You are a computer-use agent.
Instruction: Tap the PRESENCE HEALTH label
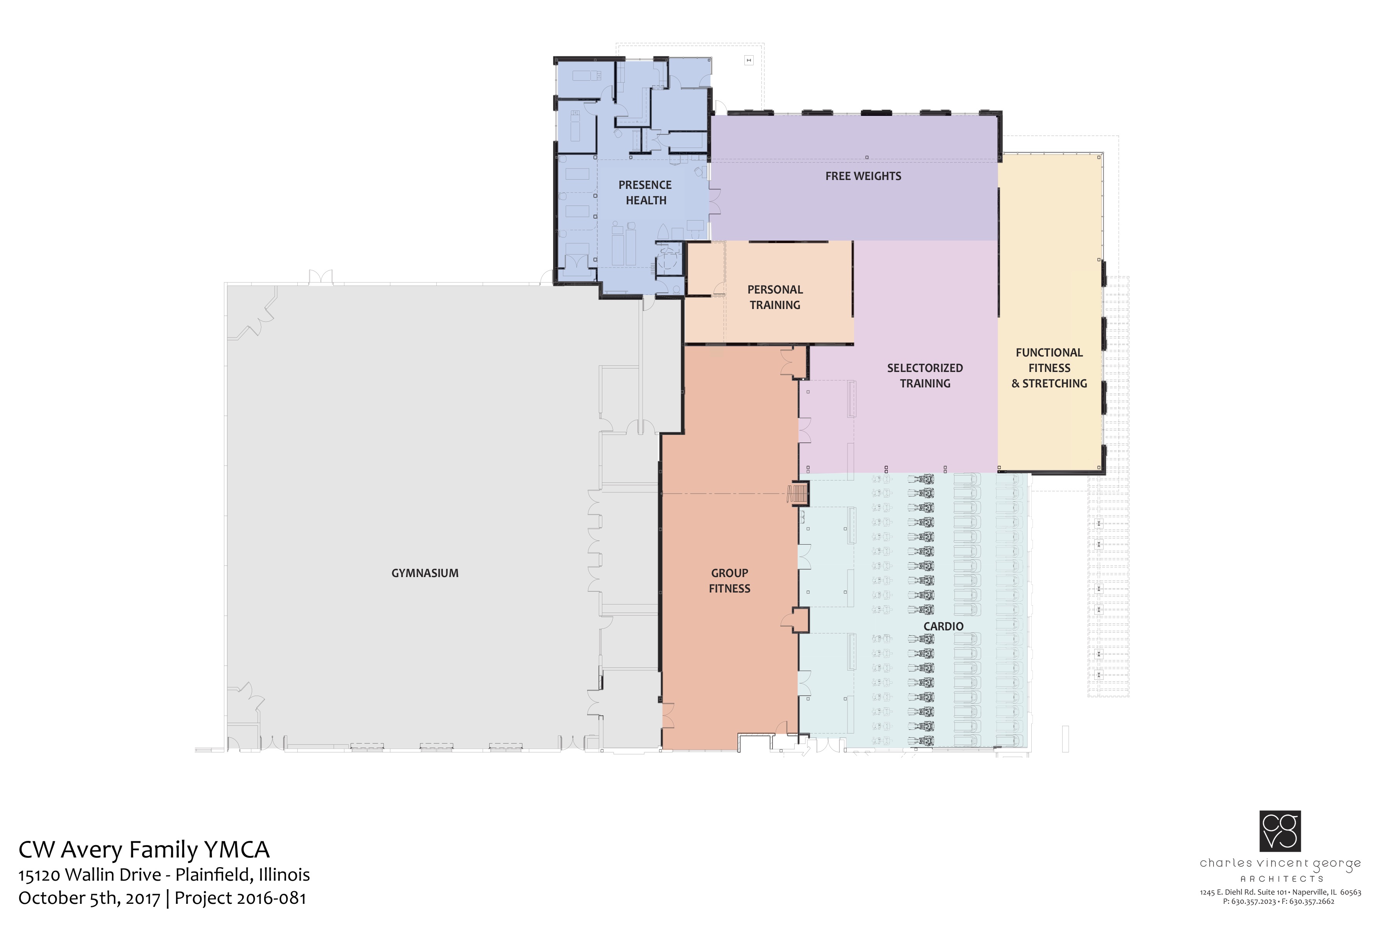[645, 193]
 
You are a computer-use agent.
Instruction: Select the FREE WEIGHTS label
[863, 176]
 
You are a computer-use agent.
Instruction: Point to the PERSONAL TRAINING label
[775, 297]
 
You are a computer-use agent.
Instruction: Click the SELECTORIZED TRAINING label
[925, 375]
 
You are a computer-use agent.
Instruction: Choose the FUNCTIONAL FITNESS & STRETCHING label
[1049, 368]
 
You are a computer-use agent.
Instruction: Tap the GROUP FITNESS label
[729, 581]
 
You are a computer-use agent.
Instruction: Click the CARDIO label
[943, 626]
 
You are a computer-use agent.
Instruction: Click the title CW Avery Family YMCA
[144, 849]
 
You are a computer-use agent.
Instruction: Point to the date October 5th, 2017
[89, 898]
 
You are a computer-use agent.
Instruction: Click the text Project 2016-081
[241, 898]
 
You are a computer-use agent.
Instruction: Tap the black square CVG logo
[1280, 831]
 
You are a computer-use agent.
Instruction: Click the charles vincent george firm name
[1280, 864]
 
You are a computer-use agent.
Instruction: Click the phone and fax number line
[1278, 902]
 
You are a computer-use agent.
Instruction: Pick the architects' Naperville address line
[1280, 893]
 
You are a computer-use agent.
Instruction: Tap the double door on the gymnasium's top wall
[321, 277]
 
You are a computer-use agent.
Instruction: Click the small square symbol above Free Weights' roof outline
[749, 60]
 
